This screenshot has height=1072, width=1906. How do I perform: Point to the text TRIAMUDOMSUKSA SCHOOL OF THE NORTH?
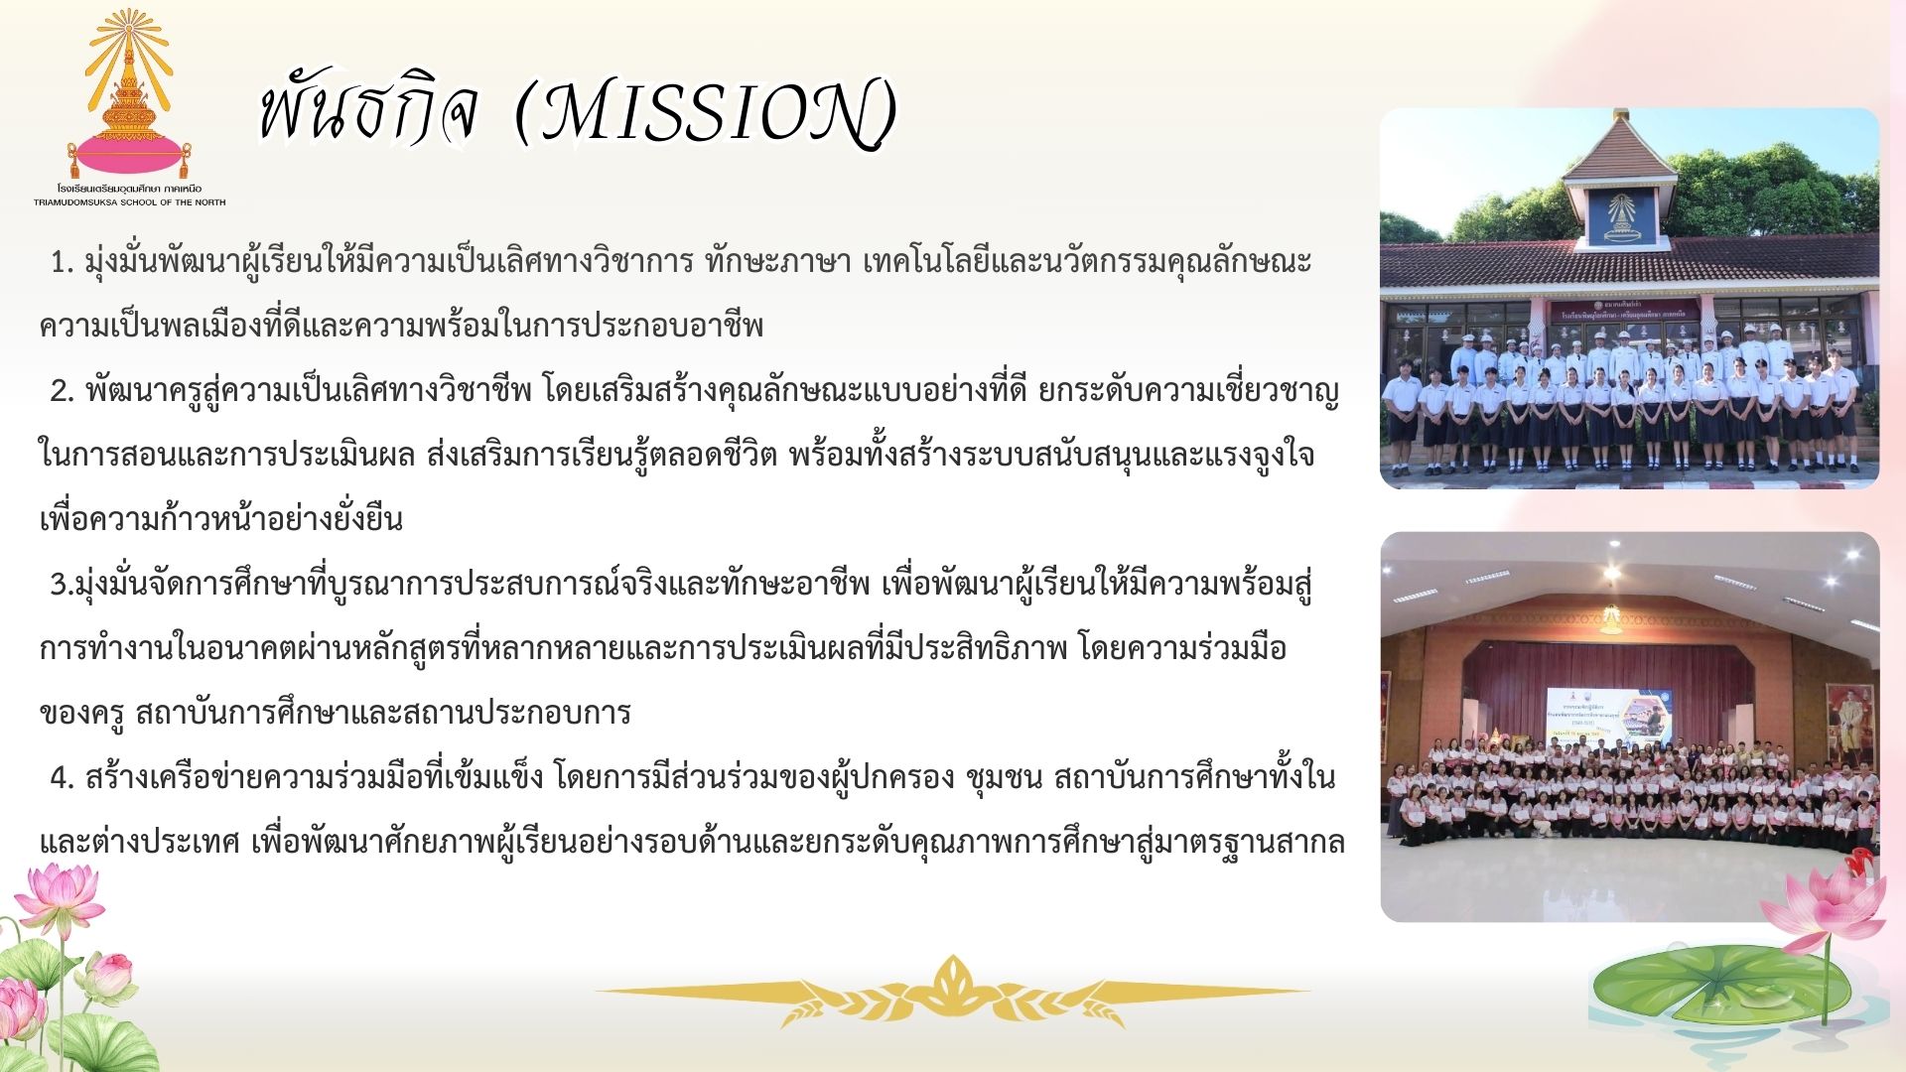coord(129,202)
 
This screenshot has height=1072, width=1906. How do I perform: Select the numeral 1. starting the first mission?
coord(63,263)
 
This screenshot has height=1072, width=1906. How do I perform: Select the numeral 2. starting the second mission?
coord(63,392)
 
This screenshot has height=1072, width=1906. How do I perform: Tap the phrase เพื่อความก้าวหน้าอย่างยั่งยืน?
coord(221,518)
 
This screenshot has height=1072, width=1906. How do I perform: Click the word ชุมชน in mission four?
coord(1004,778)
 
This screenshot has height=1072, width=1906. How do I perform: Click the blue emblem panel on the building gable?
coord(1621,217)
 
